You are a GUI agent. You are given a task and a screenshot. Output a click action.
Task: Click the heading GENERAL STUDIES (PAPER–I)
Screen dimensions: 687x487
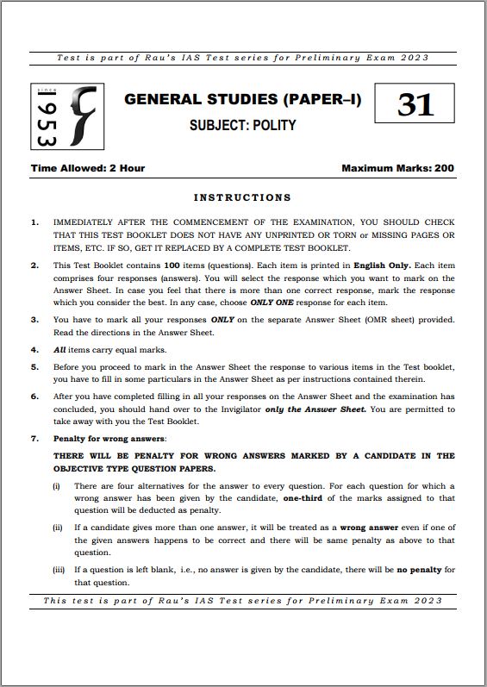click(x=242, y=99)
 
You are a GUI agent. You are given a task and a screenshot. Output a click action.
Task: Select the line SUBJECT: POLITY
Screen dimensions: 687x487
click(x=242, y=125)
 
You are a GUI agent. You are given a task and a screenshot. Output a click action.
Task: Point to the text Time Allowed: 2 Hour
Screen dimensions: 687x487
click(x=88, y=168)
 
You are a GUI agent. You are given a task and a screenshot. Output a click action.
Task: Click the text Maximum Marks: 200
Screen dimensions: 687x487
click(x=397, y=168)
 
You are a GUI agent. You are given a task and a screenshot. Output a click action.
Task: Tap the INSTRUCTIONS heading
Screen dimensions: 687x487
click(x=242, y=197)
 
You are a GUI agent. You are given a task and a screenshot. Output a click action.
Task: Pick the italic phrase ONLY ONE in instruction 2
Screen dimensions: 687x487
click(x=272, y=303)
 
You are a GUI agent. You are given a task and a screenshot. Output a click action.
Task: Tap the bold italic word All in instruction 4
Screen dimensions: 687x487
click(x=59, y=350)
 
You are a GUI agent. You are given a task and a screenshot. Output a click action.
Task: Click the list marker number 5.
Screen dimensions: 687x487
click(x=34, y=367)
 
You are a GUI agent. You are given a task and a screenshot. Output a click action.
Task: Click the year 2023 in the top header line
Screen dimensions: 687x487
click(x=414, y=58)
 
